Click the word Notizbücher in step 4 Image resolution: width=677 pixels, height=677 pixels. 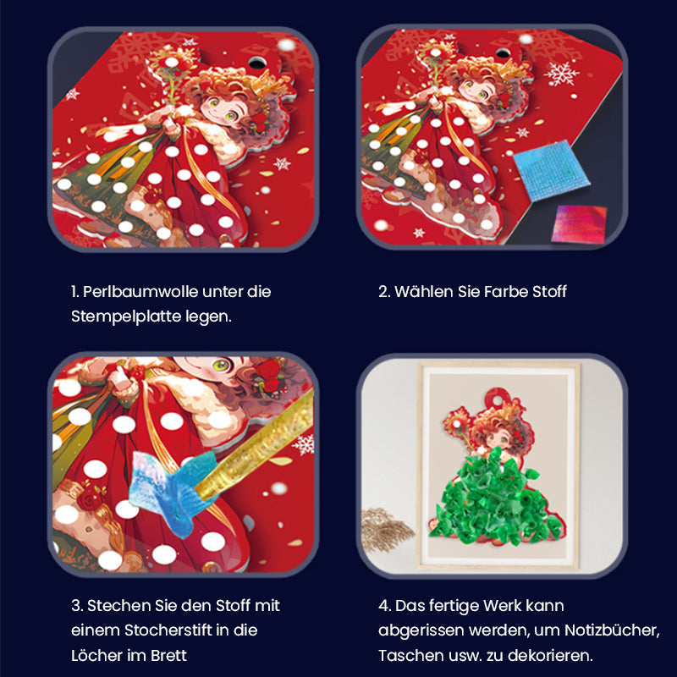tap(610, 630)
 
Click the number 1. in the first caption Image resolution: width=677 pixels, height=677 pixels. tap(75, 291)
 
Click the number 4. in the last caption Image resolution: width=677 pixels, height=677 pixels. tap(384, 606)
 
